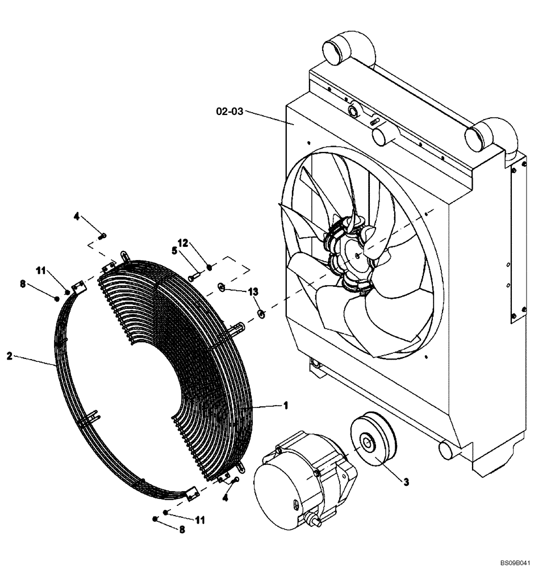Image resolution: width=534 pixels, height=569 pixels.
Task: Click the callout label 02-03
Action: point(229,112)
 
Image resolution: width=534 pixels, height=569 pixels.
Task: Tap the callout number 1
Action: point(286,405)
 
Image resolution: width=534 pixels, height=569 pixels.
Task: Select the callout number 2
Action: point(9,356)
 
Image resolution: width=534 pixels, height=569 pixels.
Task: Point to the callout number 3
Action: point(406,482)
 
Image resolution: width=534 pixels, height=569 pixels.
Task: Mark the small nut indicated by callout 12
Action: point(210,267)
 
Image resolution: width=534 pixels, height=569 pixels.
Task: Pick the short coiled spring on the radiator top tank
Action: point(373,122)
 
